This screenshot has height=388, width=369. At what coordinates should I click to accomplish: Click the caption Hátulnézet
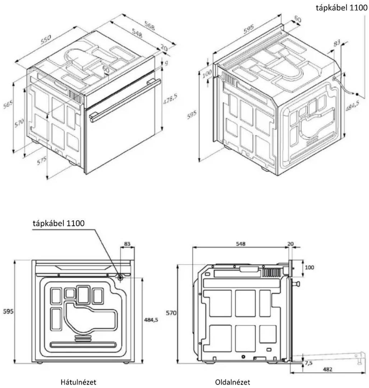[x=79, y=382]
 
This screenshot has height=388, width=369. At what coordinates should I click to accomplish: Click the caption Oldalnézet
[x=232, y=382]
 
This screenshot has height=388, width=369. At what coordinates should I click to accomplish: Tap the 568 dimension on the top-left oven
[x=149, y=26]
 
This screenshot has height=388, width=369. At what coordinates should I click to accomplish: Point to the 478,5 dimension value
[x=170, y=99]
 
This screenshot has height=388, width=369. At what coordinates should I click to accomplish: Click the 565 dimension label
[x=8, y=104]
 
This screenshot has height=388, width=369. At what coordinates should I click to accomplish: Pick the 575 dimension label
[x=42, y=160]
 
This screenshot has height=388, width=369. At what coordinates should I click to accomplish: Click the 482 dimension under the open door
[x=327, y=369]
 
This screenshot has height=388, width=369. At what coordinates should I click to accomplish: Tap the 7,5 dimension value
[x=309, y=363]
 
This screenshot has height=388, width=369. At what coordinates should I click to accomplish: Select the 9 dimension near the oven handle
[x=166, y=63]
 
